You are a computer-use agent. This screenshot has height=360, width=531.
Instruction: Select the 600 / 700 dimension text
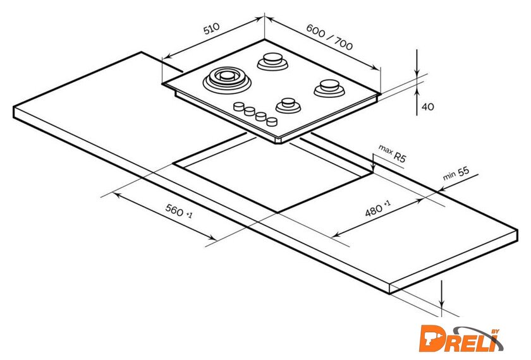pyautogui.click(x=329, y=37)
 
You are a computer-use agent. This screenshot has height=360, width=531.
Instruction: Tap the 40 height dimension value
pyautogui.click(x=428, y=107)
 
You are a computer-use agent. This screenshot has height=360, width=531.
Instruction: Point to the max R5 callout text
pyautogui.click(x=392, y=153)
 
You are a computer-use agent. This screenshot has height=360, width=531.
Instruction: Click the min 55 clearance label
pyautogui.click(x=456, y=173)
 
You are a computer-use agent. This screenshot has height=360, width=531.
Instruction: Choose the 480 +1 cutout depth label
pyautogui.click(x=377, y=208)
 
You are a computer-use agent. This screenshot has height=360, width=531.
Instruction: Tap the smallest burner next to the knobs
pyautogui.click(x=288, y=105)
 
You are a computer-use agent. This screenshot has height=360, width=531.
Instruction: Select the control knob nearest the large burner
pyautogui.click(x=239, y=106)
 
